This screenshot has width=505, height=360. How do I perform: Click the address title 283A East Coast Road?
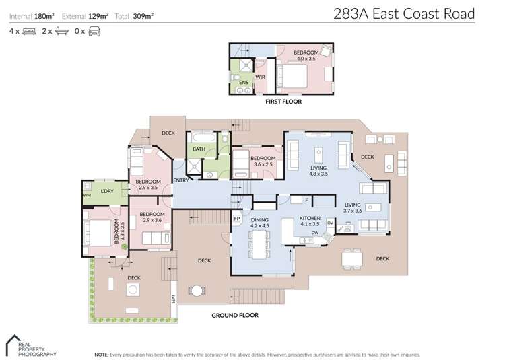tap(404, 14)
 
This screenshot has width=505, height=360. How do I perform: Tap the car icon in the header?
tap(94, 31)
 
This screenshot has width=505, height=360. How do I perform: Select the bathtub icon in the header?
tap(62, 31)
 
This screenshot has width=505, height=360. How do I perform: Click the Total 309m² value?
tap(143, 16)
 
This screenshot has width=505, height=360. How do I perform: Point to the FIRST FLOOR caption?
tap(283, 102)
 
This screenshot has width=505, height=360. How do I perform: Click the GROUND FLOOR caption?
tap(235, 316)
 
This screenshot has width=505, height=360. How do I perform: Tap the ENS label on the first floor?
tap(244, 82)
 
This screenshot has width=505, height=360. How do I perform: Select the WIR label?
tap(260, 77)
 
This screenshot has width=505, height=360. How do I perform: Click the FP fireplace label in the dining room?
tap(237, 219)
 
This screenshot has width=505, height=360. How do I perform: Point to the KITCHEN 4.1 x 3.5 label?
tap(310, 221)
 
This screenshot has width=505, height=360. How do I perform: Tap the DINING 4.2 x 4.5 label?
tap(260, 223)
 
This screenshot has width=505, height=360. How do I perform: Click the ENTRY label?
tap(180, 180)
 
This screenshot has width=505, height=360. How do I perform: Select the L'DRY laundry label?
tap(107, 191)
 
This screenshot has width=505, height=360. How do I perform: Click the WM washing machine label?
tap(87, 195)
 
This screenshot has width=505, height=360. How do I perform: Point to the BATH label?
tap(199, 149)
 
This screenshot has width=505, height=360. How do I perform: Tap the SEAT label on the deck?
tap(174, 299)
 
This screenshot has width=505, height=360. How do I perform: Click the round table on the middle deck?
tap(196, 291)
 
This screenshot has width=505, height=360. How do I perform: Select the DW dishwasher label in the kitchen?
tap(315, 233)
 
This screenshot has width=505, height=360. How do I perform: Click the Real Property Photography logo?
tap(31, 346)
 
